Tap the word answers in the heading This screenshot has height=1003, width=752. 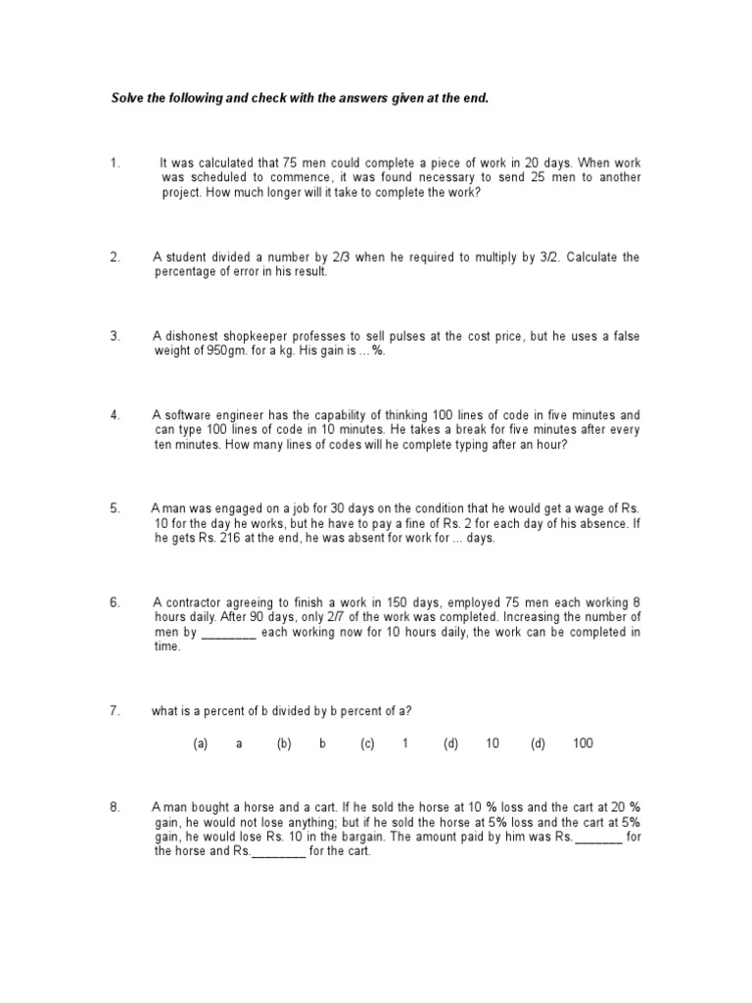(x=364, y=100)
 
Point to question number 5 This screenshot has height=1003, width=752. (x=115, y=508)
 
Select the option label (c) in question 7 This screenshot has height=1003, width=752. (x=367, y=743)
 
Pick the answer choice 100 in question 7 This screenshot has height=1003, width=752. (x=584, y=743)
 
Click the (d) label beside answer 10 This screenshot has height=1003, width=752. (x=450, y=743)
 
